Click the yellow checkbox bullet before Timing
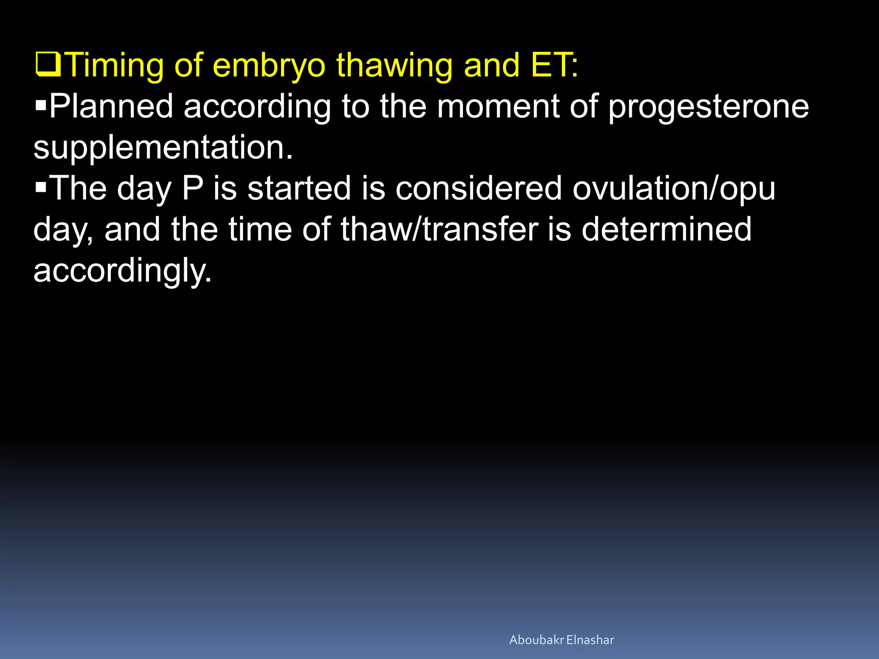(x=48, y=65)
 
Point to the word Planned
(x=111, y=106)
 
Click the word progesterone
(x=709, y=106)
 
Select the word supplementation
(x=163, y=147)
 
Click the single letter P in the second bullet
(x=192, y=188)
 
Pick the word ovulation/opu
(x=674, y=188)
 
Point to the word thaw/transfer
(x=439, y=229)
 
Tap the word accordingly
(x=123, y=270)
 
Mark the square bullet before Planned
(x=41, y=105)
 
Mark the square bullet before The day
(x=41, y=187)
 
